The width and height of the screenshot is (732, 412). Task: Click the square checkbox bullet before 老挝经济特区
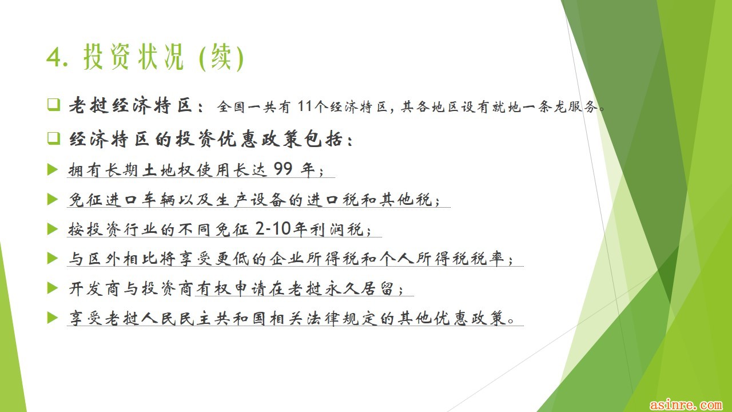pyautogui.click(x=54, y=105)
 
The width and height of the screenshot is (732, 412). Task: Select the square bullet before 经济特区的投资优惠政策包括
pyautogui.click(x=54, y=138)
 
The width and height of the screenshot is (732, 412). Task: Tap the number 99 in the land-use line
pyautogui.click(x=283, y=169)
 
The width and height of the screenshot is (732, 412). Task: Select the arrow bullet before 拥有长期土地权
pyautogui.click(x=52, y=169)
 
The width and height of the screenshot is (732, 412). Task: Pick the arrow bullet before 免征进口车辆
pyautogui.click(x=52, y=199)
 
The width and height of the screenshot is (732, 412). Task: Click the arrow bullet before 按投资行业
pyautogui.click(x=52, y=229)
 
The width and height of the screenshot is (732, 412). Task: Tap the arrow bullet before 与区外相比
pyautogui.click(x=52, y=258)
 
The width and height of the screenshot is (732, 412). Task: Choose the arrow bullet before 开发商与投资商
pyautogui.click(x=52, y=288)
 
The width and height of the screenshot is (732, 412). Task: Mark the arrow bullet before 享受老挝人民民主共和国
pyautogui.click(x=52, y=318)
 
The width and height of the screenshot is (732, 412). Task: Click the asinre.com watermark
pyautogui.click(x=686, y=405)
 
